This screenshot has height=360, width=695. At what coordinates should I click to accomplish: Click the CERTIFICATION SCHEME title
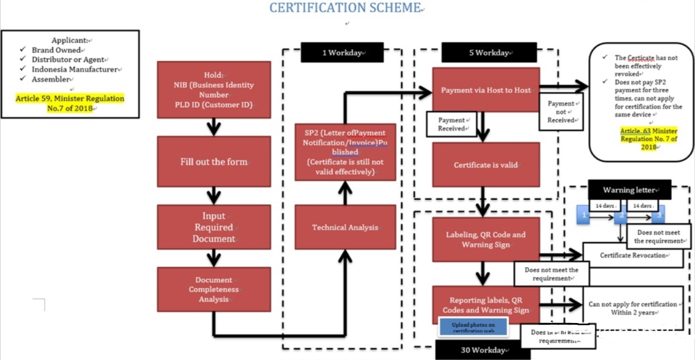click(346, 8)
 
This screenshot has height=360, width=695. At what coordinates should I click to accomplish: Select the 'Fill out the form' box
click(214, 161)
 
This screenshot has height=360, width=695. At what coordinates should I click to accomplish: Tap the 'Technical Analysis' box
click(346, 227)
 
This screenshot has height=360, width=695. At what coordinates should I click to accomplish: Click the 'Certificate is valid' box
click(485, 164)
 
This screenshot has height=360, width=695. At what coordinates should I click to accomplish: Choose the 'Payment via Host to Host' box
click(485, 90)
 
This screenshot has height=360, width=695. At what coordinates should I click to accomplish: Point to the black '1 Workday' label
click(342, 52)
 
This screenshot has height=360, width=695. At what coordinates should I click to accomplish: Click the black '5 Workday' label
click(489, 52)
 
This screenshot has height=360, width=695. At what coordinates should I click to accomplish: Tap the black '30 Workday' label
click(482, 350)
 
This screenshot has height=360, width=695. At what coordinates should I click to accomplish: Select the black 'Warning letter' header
click(629, 190)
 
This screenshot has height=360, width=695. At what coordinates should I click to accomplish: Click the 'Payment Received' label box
click(451, 124)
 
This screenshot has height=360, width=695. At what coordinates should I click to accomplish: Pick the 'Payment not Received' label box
click(561, 112)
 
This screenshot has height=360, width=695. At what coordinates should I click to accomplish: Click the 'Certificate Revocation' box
click(632, 256)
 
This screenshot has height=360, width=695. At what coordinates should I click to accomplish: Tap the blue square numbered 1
click(584, 215)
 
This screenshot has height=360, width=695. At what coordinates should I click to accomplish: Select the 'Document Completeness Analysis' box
click(214, 289)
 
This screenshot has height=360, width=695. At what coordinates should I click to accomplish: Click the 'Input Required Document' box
click(214, 227)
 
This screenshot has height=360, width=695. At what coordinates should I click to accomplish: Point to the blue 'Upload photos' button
click(473, 327)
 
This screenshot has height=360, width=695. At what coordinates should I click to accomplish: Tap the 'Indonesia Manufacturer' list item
click(74, 70)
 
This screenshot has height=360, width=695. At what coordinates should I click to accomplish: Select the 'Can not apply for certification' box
click(632, 308)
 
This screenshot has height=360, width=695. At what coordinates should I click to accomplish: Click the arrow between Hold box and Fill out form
click(214, 127)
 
